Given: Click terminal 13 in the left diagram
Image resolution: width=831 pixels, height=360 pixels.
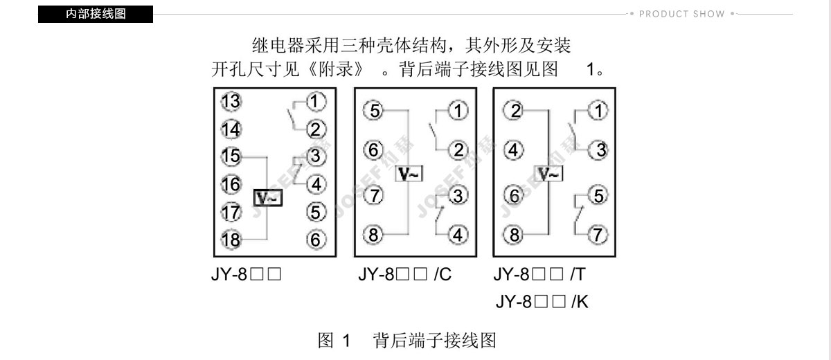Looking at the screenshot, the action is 231,101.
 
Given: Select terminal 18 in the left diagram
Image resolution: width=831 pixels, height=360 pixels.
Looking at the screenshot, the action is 231,240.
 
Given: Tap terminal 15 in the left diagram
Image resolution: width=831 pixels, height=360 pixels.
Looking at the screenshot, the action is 231,156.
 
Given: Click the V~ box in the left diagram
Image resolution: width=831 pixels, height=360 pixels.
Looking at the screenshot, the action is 268,198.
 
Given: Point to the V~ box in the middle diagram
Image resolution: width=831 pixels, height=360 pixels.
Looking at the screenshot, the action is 409,174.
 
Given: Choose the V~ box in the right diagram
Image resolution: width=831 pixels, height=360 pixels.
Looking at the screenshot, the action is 548,174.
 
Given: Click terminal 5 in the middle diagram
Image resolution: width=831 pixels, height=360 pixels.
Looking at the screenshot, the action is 374,111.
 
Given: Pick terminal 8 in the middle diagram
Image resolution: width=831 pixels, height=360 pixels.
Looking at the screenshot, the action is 373,234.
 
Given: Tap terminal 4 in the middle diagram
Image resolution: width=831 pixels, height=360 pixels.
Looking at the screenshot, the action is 458,235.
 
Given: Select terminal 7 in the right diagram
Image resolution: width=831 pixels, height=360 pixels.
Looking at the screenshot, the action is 598,235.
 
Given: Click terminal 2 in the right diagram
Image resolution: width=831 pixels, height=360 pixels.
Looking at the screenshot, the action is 514,111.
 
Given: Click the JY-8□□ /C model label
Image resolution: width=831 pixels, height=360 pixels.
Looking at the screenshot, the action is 404,275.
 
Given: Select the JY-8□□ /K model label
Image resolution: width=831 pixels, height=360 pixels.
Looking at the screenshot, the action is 542,302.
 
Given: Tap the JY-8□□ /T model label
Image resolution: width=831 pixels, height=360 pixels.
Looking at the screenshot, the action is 539,275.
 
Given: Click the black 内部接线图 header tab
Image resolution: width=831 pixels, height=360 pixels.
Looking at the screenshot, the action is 96,14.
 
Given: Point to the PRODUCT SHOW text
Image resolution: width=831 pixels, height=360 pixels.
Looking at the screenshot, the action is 681,14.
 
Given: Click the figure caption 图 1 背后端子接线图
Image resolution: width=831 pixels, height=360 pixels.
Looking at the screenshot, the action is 407,341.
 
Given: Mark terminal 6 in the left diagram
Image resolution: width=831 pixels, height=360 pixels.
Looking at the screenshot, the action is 316,240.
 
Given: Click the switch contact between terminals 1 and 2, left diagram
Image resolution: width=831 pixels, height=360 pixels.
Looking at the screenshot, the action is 294,116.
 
